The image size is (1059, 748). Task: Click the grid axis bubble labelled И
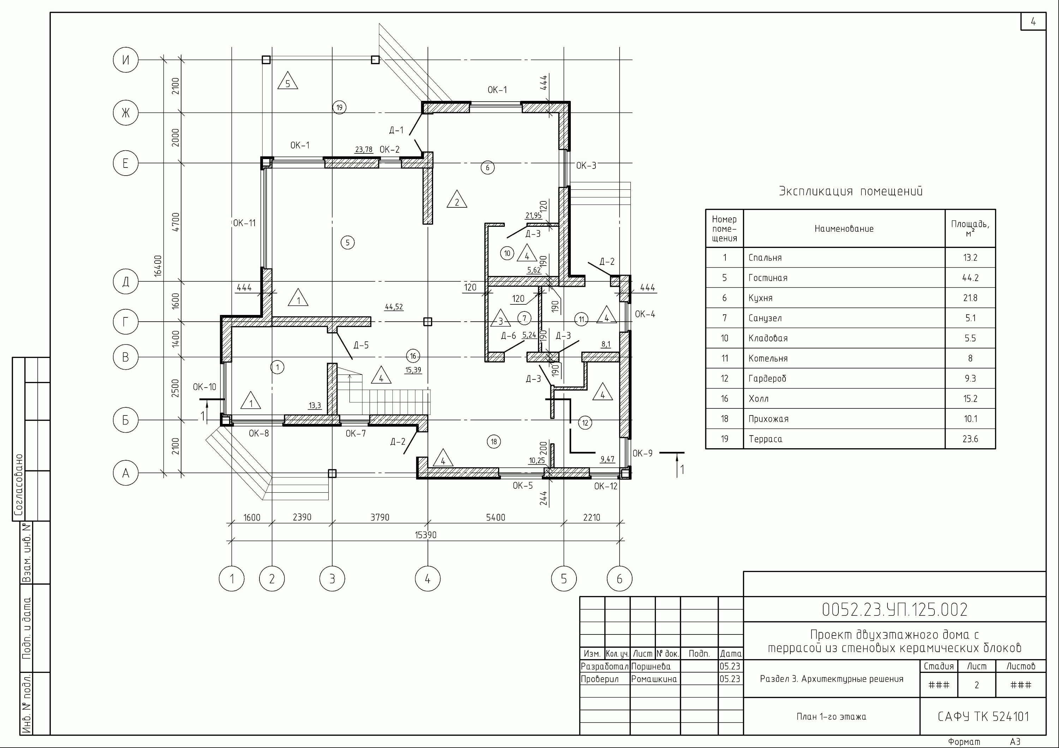click(125, 60)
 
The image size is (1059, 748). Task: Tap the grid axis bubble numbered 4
click(427, 578)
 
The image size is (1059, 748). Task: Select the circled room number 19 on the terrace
click(340, 107)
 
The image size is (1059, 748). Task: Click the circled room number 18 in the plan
click(494, 442)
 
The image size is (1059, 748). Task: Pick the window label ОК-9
click(642, 454)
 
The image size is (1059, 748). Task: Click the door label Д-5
click(361, 345)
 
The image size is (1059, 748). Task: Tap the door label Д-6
click(509, 335)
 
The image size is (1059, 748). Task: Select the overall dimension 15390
click(425, 535)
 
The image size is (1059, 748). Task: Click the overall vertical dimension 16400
click(158, 266)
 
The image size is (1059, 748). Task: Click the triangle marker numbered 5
click(288, 81)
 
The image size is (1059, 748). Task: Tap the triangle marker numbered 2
click(457, 199)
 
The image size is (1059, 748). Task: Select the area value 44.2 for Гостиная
click(970, 278)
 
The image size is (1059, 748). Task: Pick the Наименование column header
click(844, 229)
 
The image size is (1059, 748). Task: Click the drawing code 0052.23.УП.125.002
click(895, 610)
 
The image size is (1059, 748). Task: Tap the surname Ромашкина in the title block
click(654, 679)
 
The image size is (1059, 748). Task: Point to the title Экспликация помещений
click(851, 191)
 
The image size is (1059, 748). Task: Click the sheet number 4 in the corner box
click(1033, 22)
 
